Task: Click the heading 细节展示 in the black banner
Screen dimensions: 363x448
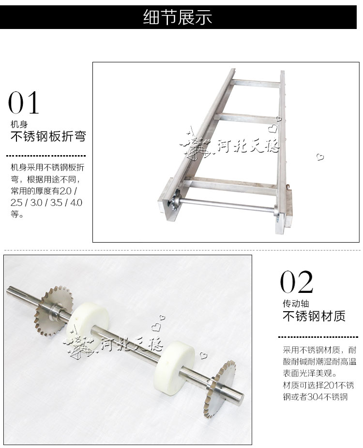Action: (x=177, y=17)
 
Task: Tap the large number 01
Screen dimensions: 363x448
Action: (x=23, y=102)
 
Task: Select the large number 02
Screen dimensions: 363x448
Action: (x=296, y=282)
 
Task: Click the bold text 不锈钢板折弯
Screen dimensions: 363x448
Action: (x=48, y=136)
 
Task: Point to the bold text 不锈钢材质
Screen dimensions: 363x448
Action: (x=314, y=316)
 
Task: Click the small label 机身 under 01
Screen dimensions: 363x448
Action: (x=19, y=124)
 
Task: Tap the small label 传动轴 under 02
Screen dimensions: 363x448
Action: (x=296, y=303)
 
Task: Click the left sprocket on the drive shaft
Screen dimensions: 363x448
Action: (x=53, y=311)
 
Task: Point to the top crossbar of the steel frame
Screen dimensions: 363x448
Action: (x=256, y=83)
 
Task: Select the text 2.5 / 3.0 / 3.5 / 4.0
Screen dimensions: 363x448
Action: (x=46, y=202)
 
